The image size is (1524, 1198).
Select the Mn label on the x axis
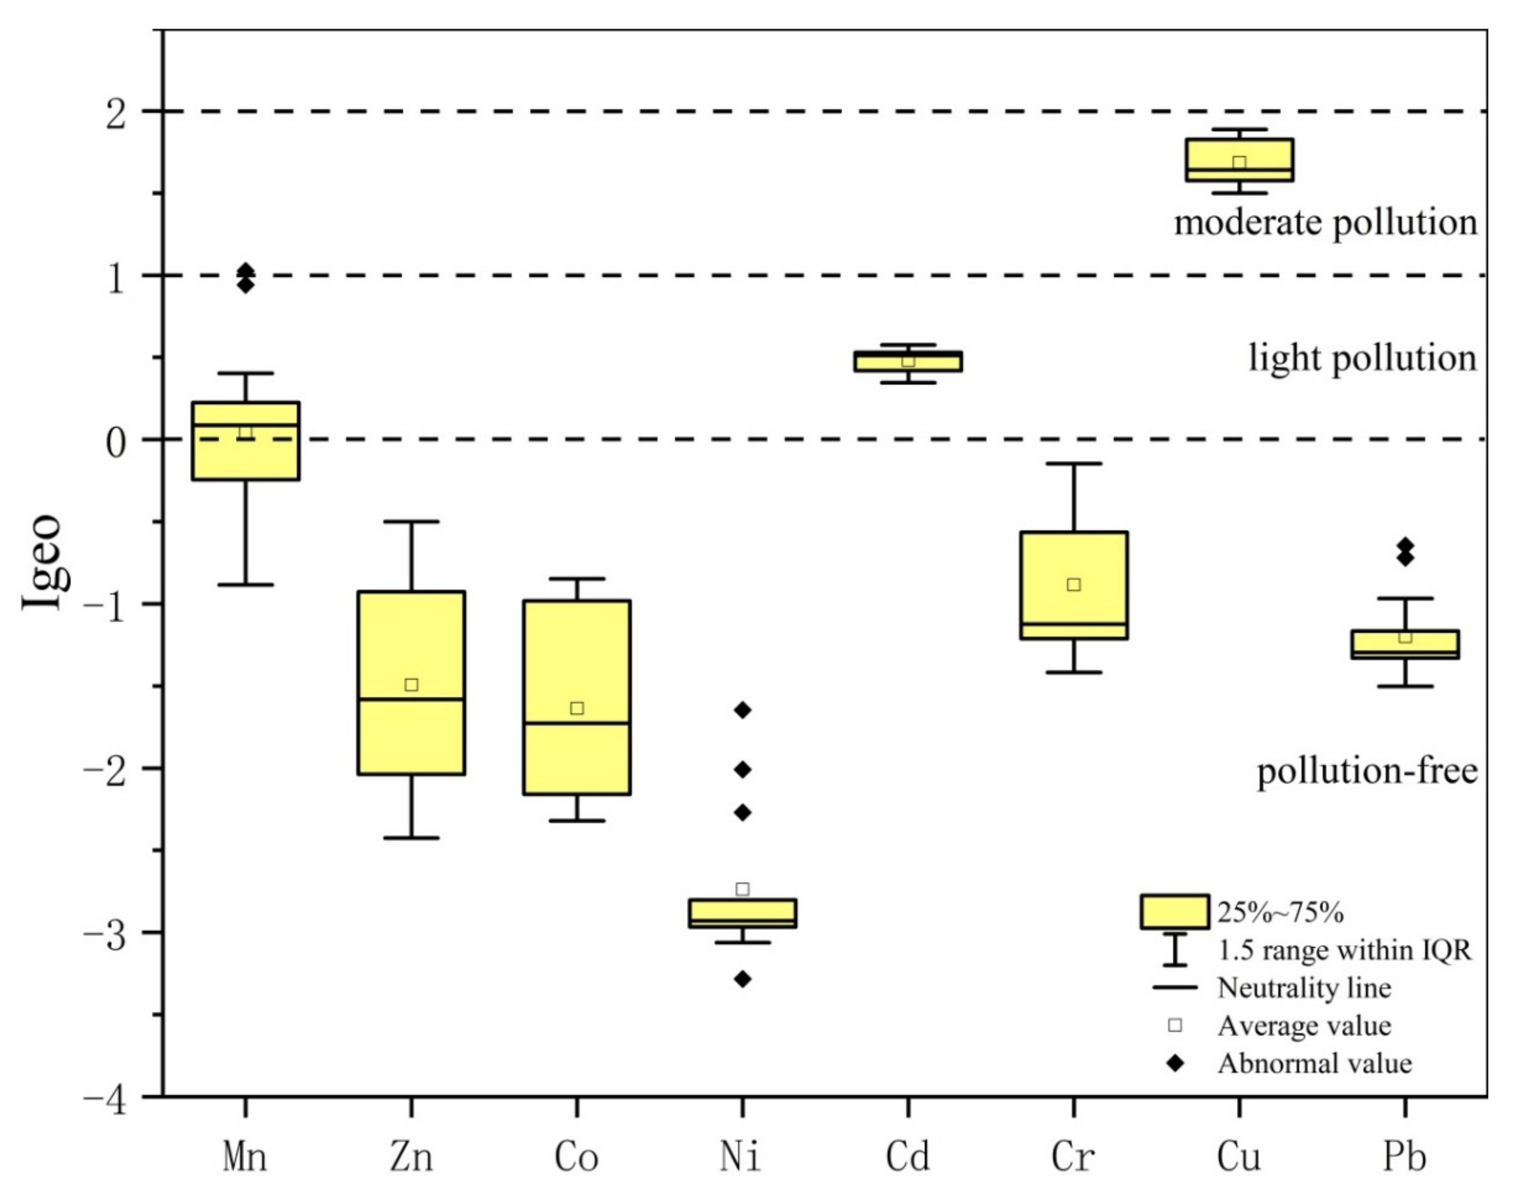[x=245, y=1157]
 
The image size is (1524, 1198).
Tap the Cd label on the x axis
[x=908, y=1157]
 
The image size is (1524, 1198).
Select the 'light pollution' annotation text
[x=1362, y=358]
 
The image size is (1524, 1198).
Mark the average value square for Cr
[x=1074, y=584]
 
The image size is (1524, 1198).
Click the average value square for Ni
[x=742, y=890]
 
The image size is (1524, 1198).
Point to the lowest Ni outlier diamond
[x=742, y=979]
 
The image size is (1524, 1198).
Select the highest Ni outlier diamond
[x=742, y=710]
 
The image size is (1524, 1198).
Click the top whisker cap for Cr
[x=1074, y=464]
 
